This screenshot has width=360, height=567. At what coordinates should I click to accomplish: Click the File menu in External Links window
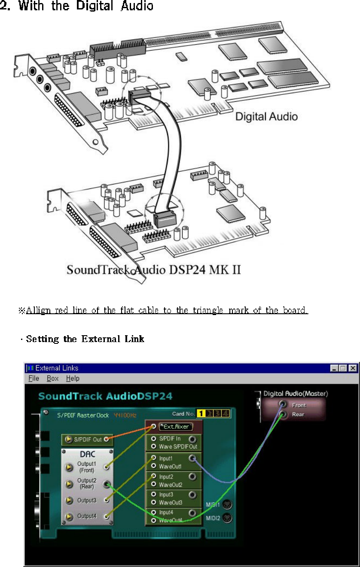point(34,379)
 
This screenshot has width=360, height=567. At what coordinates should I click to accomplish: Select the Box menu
point(52,379)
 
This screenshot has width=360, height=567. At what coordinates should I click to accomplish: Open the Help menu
point(73,379)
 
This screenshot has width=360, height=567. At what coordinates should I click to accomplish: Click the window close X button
point(353,368)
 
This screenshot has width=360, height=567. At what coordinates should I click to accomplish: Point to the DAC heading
point(87,454)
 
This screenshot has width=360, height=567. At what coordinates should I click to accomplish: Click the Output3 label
point(87,500)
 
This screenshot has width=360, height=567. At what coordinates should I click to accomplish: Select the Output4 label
point(87,516)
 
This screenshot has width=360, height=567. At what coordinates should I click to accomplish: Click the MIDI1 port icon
point(228,504)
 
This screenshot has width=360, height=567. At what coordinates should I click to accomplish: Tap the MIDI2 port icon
point(228,518)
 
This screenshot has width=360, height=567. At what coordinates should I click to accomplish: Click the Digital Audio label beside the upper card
point(266,116)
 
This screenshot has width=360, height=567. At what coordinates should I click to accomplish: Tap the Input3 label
point(166,494)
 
